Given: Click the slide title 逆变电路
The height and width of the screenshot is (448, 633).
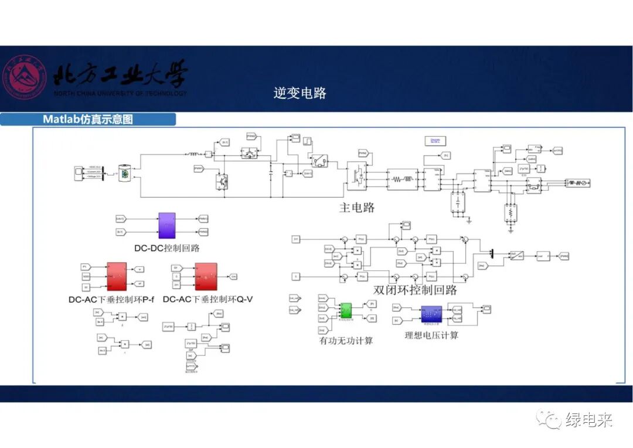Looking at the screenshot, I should pyautogui.click(x=300, y=93).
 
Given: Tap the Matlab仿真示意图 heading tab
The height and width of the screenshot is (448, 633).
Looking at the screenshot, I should pyautogui.click(x=88, y=120).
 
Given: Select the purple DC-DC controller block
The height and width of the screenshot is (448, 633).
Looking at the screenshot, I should pyautogui.click(x=166, y=225).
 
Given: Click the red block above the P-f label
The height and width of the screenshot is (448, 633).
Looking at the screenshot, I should pyautogui.click(x=117, y=276).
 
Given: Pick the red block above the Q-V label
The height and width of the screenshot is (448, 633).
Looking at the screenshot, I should pyautogui.click(x=205, y=276).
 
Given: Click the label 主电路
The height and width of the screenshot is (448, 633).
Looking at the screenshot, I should pyautogui.click(x=357, y=207).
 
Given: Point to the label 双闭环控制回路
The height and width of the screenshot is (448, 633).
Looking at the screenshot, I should pyautogui.click(x=415, y=290).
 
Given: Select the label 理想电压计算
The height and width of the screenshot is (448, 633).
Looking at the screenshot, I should pyautogui.click(x=432, y=335).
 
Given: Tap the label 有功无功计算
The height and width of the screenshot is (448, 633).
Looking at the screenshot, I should pyautogui.click(x=346, y=340).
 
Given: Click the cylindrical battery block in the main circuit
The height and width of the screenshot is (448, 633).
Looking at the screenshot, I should pyautogui.click(x=125, y=172).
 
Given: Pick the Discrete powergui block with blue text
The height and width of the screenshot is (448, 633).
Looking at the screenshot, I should pyautogui.click(x=435, y=141).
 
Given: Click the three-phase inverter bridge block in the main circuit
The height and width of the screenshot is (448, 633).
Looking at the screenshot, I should pyautogui.click(x=357, y=177).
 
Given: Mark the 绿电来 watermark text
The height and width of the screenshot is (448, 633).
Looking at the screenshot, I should pyautogui.click(x=589, y=420).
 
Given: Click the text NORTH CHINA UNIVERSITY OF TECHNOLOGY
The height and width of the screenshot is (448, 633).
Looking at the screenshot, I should pyautogui.click(x=120, y=93).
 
